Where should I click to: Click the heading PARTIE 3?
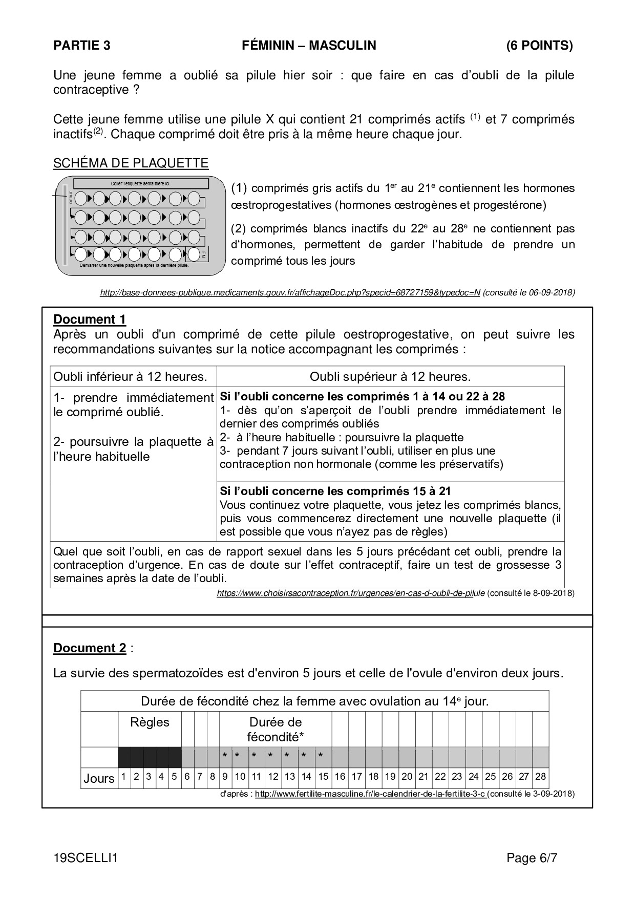click(x=82, y=46)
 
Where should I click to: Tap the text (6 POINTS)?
click(x=539, y=46)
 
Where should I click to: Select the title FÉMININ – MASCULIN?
click(x=309, y=46)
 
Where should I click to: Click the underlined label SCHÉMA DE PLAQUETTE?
click(x=131, y=163)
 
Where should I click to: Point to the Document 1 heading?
click(x=90, y=319)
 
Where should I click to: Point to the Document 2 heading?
click(x=90, y=648)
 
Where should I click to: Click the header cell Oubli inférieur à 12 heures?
click(x=131, y=377)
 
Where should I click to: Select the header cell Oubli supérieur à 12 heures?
click(x=390, y=377)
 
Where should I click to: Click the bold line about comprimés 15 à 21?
click(x=335, y=491)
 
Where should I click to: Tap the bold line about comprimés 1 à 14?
click(x=363, y=396)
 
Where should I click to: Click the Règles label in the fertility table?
click(x=150, y=722)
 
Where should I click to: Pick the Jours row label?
click(x=99, y=779)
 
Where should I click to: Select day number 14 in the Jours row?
click(x=306, y=777)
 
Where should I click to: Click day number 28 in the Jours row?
click(x=540, y=777)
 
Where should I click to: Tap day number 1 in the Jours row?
click(x=123, y=777)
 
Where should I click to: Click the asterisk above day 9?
click(x=225, y=756)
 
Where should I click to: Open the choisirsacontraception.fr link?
click(x=351, y=593)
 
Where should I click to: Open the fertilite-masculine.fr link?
click(x=371, y=794)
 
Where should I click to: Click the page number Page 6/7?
click(x=532, y=859)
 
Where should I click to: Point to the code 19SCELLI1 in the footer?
click(x=86, y=859)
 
